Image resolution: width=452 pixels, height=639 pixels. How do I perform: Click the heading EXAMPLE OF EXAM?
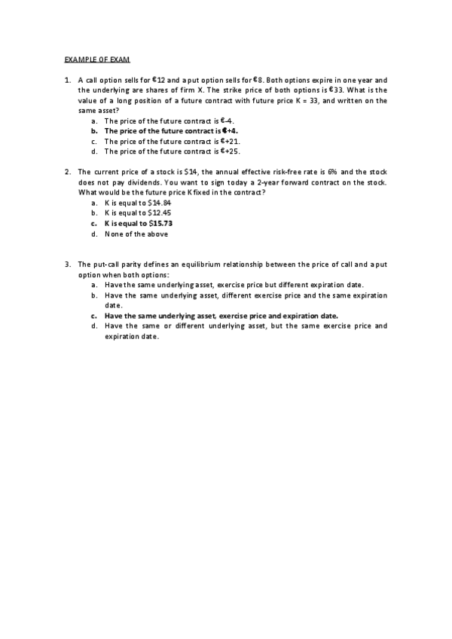[97, 59]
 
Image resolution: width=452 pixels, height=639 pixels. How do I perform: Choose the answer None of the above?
[136, 234]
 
